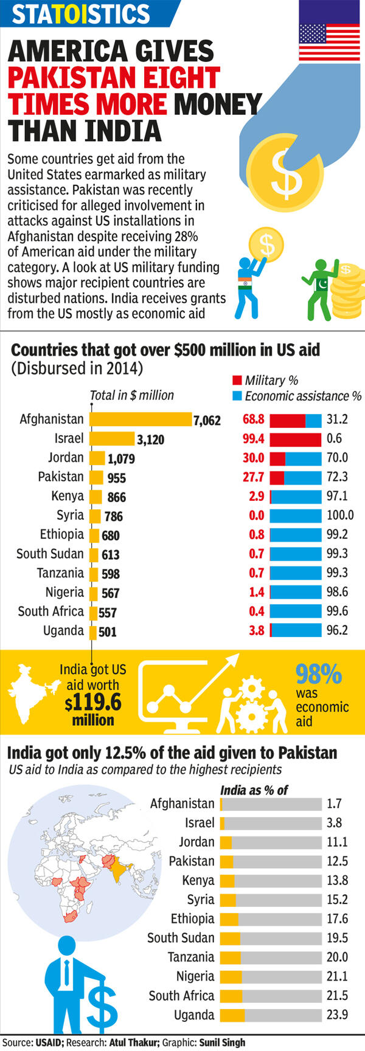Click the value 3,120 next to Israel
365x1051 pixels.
point(150,439)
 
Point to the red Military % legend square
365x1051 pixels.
point(237,381)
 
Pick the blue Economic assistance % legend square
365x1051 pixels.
point(237,396)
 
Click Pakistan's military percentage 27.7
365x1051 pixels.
point(253,477)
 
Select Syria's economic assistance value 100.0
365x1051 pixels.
point(340,515)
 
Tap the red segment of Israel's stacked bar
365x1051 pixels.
point(295,439)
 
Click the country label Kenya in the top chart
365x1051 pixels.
point(68,496)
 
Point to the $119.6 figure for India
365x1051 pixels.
point(93,703)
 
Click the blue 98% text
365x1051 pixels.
point(318,674)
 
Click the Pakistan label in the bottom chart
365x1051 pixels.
point(192,861)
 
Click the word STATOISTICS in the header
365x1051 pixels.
point(81,14)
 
